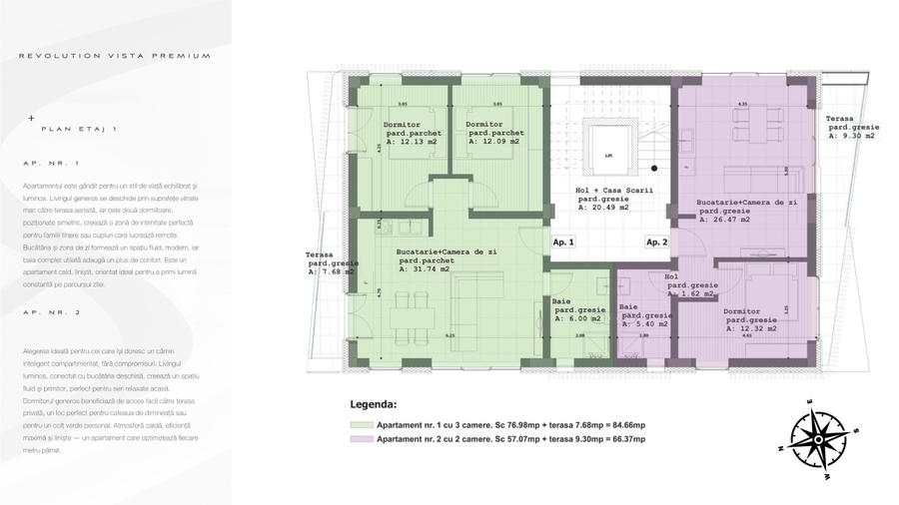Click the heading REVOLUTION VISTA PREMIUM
115,56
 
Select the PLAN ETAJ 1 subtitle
79,129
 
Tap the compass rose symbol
818,436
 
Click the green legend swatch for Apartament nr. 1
361,424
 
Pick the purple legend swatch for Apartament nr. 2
361,439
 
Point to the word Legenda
373,406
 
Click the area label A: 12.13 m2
411,142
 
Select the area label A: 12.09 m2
493,142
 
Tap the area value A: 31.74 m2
424,269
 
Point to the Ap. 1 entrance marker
563,242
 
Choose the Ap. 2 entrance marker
656,242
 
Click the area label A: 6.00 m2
578,318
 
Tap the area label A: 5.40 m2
644,324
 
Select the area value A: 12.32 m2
751,328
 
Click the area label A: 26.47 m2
729,220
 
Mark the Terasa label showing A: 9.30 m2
851,136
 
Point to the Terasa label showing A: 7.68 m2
332,270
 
